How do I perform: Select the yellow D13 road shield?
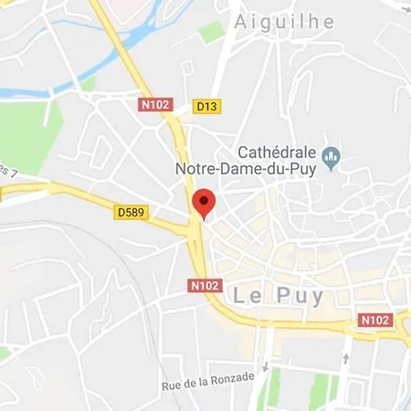207,106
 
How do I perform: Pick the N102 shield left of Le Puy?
205,285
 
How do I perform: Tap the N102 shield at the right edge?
376,320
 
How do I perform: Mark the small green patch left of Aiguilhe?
211,29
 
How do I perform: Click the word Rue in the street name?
172,385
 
